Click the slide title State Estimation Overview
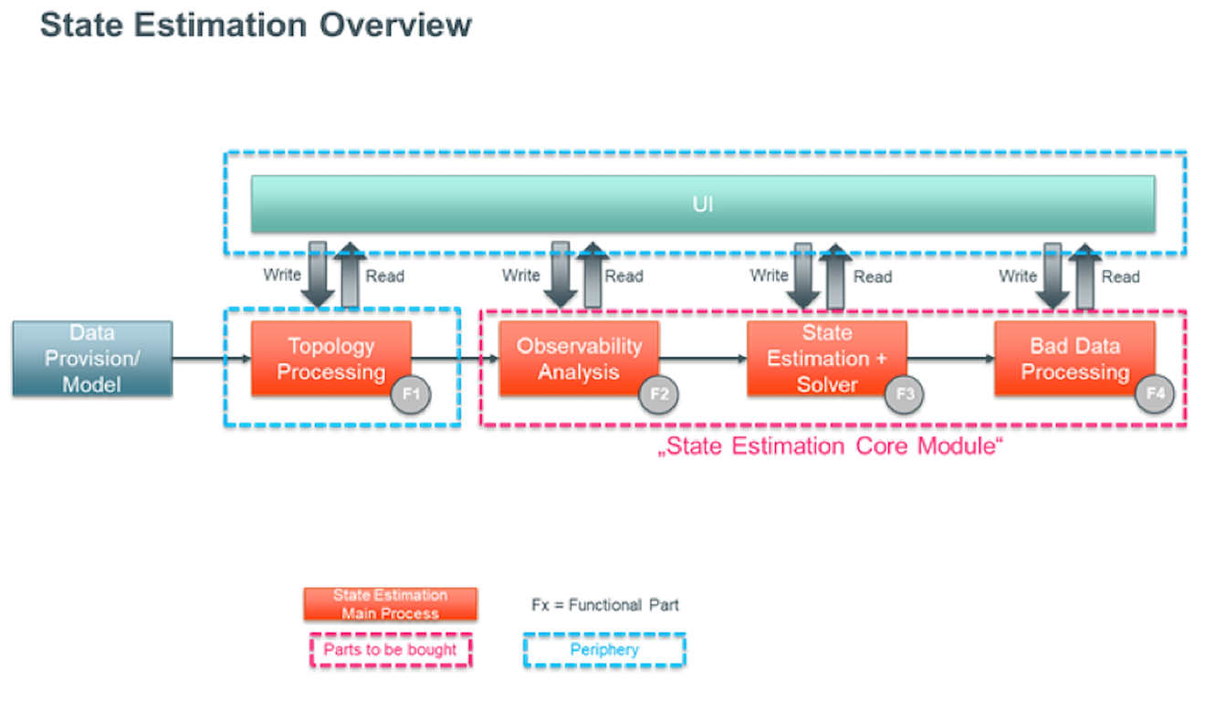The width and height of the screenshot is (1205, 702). [256, 25]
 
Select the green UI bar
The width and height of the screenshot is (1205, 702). [703, 204]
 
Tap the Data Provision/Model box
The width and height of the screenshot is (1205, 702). [92, 359]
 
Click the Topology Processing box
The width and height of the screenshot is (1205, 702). [330, 359]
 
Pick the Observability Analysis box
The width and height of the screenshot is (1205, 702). [579, 359]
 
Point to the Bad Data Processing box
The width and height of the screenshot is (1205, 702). [1074, 359]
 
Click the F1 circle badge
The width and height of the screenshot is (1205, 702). [410, 395]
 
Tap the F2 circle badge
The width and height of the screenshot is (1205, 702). [658, 395]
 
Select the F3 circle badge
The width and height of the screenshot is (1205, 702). [906, 395]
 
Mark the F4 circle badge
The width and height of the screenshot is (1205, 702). [1155, 395]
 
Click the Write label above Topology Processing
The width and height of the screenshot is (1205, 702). [282, 275]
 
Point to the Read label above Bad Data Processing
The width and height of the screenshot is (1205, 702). [1120, 277]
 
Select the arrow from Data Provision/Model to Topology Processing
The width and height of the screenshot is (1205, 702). [211, 359]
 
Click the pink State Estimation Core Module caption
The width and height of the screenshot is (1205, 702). [831, 447]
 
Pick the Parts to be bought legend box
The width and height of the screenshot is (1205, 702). [390, 650]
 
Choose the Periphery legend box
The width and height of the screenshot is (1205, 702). [604, 650]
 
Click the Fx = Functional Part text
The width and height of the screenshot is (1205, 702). [605, 605]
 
